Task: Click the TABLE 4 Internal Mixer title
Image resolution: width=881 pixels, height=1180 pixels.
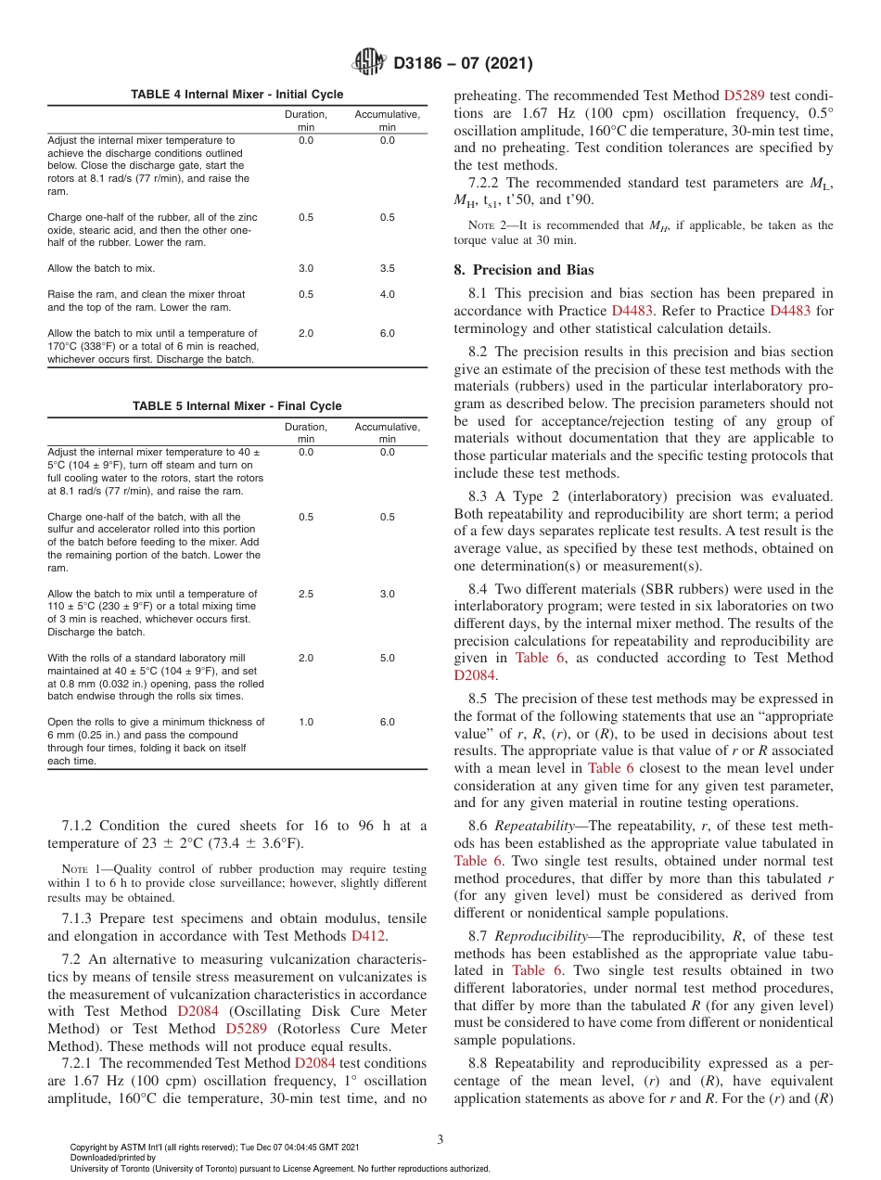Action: [x=236, y=95]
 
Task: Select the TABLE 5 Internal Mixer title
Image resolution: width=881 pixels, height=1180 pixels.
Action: [x=236, y=406]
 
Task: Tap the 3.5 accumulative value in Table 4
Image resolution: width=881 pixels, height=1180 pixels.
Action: [x=387, y=269]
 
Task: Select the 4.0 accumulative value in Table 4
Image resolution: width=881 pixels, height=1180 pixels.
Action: [x=387, y=295]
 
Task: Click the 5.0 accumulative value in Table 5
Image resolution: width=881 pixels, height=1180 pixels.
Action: [x=387, y=658]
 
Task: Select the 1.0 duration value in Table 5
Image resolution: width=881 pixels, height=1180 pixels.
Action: [x=306, y=722]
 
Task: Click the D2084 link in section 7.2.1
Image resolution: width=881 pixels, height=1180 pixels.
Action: [x=314, y=1063]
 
